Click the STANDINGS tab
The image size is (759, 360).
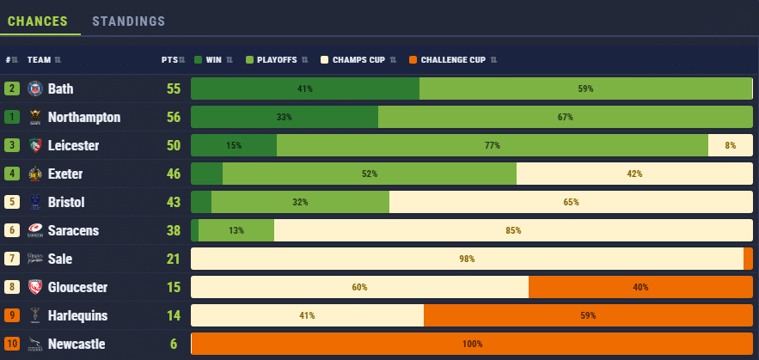128,21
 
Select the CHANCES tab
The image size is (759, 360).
40,21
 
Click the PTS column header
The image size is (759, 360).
169,60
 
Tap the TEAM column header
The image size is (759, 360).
40,60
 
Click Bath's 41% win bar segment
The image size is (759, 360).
304,88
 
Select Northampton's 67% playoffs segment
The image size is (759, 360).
565,117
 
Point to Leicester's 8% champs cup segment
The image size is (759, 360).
731,145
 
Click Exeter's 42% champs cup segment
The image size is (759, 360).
634,174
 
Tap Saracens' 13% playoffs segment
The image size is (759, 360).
236,230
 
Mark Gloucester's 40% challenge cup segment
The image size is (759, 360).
640,287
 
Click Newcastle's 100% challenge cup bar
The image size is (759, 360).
472,344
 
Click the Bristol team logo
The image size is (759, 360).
35,202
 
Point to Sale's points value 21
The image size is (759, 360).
172,259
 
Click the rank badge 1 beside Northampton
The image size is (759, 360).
12,117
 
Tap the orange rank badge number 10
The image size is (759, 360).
12,344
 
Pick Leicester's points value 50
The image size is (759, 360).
172,145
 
